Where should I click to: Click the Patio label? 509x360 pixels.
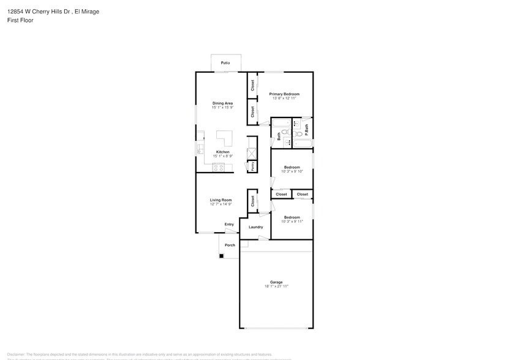tap(225, 63)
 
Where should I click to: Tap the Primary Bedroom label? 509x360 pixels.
tap(284, 94)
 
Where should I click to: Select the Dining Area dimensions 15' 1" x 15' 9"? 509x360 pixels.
tap(222, 108)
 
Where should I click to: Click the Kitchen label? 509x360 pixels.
tap(222, 152)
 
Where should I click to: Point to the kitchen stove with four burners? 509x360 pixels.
tap(217, 168)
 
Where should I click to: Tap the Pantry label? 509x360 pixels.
tap(252, 166)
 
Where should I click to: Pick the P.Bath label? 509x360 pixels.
tap(306, 130)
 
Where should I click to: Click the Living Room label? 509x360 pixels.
tap(221, 200)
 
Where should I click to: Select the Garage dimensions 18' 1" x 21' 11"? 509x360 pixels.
tap(276, 286)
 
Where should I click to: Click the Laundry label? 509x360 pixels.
tap(255, 227)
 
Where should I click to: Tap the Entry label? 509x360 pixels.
tap(229, 224)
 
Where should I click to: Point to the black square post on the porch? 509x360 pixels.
tap(221, 255)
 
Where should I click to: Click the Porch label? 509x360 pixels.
tap(230, 245)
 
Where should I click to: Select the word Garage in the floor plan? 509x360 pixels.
tap(276, 282)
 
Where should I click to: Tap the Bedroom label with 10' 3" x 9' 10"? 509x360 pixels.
tap(292, 167)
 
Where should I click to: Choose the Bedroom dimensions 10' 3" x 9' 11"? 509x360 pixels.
tap(292, 221)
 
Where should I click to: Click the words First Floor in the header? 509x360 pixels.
tap(21, 20)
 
